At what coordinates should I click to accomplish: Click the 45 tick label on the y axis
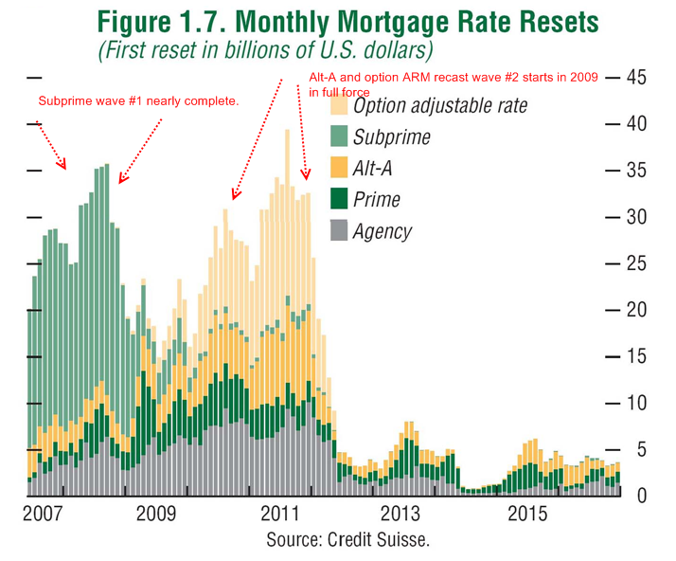tap(636, 78)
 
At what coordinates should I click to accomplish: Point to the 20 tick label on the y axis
tap(636, 310)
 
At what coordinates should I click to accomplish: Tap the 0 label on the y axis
tap(642, 496)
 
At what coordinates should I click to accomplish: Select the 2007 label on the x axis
tap(43, 514)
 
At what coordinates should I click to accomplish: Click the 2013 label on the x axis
tap(400, 514)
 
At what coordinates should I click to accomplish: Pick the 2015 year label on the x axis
tap(527, 514)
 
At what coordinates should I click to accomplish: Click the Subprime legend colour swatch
tap(339, 136)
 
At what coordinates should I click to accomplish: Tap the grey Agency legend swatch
tap(339, 230)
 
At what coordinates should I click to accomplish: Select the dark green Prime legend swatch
tap(339, 198)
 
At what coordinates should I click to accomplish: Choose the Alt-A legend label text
tap(372, 169)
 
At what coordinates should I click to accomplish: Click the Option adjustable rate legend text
tap(440, 106)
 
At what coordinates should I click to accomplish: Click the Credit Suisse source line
tap(347, 540)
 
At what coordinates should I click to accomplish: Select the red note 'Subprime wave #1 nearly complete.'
tap(138, 101)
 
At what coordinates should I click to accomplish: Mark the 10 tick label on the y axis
tap(636, 403)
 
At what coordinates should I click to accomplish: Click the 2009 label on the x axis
tap(156, 514)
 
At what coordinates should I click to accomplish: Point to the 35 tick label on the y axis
tap(636, 171)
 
